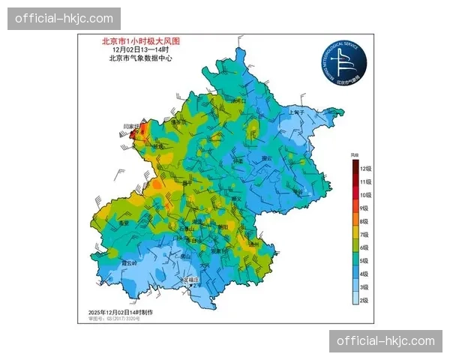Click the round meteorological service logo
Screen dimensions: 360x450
(x=343, y=62)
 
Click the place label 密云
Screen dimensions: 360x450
(x=266, y=158)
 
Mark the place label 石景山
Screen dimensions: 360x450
(x=186, y=228)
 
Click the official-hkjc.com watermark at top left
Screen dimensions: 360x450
(x=64, y=18)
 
